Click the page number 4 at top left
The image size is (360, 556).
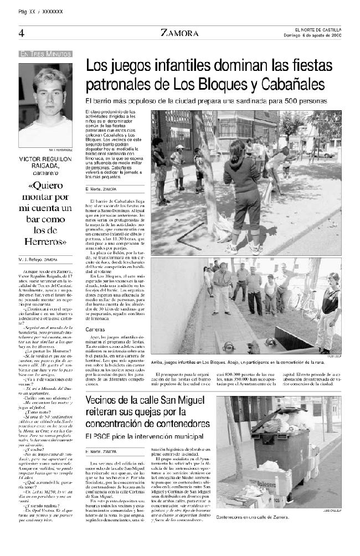20,33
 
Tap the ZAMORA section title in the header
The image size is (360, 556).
179,33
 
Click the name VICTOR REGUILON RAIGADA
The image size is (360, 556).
45,161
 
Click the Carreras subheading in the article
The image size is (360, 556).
95,330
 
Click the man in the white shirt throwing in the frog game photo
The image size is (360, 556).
222,285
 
